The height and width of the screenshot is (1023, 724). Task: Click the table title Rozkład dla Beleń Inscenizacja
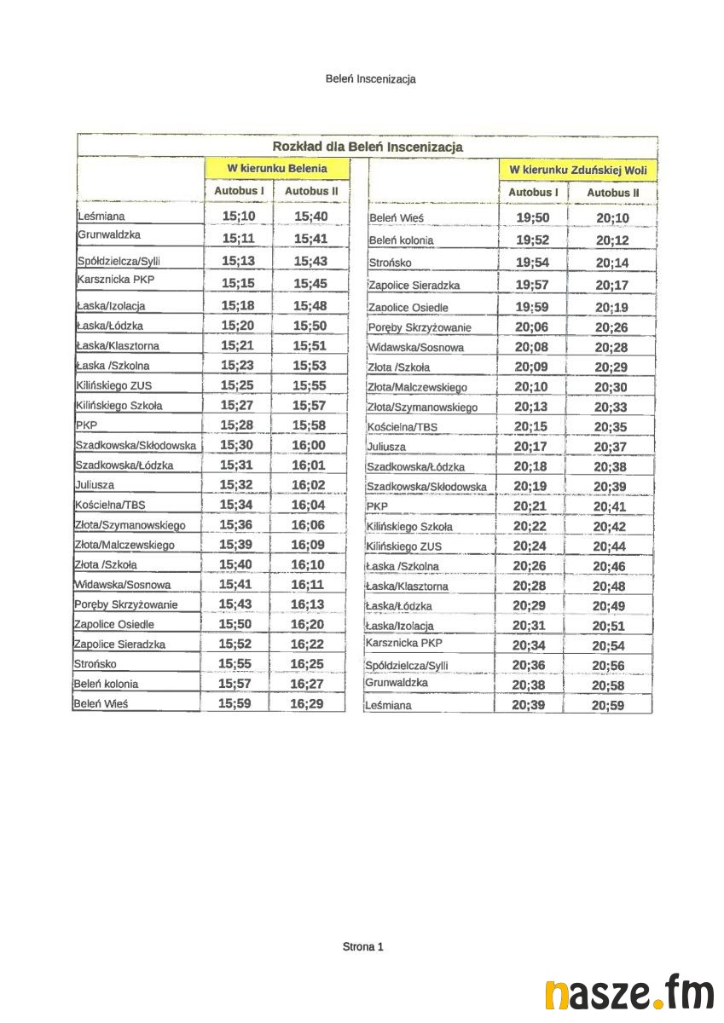[368, 147]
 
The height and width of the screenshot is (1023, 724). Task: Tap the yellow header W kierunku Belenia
[265, 168]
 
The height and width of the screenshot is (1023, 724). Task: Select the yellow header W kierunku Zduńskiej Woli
[578, 170]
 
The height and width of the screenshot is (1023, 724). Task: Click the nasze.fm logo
[629, 994]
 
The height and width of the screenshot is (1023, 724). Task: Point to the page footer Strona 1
[362, 946]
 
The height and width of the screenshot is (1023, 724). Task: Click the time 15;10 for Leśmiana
[239, 217]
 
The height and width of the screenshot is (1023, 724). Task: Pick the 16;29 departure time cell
[307, 703]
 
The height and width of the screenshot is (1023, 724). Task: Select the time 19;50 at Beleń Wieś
[533, 218]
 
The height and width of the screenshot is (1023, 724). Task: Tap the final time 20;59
[608, 705]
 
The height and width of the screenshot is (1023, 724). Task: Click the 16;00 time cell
[309, 445]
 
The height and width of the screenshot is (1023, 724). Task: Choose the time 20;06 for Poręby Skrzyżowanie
[532, 327]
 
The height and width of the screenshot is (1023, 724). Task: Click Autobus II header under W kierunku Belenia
[311, 192]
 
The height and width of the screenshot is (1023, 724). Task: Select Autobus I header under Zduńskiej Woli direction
[533, 193]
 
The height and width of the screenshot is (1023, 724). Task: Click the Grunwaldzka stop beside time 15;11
[109, 234]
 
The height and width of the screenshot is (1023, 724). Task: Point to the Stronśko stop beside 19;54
[391, 263]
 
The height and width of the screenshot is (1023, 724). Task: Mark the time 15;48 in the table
[310, 305]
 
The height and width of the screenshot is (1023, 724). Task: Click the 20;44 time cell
[610, 546]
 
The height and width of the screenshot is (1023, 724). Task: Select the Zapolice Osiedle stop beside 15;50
[114, 624]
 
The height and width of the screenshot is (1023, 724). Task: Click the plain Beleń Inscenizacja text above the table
[370, 78]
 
